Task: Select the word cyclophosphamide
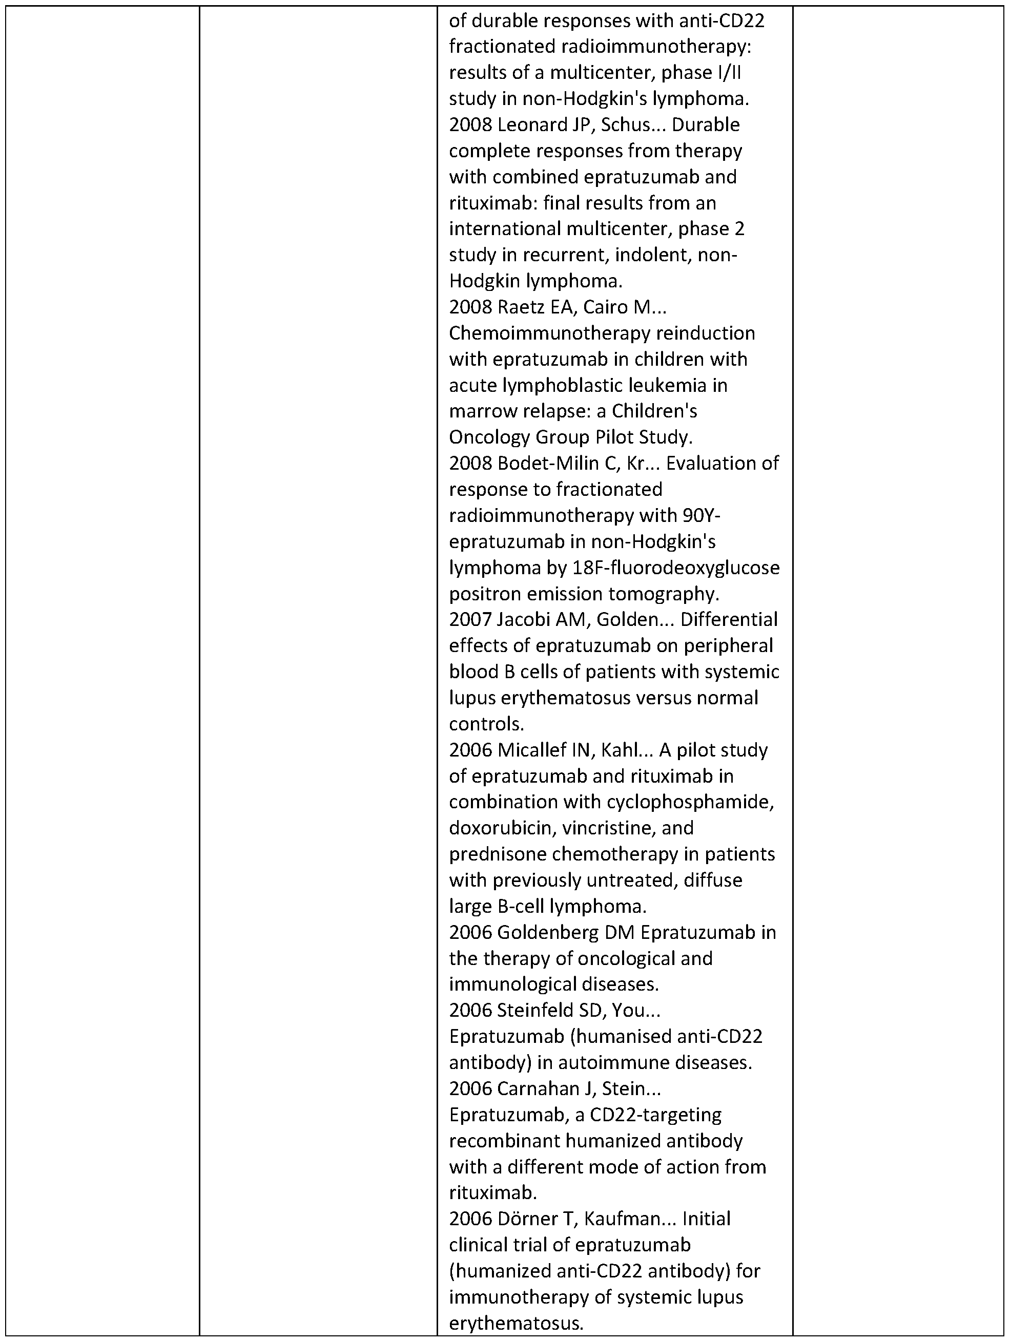pos(691,803)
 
